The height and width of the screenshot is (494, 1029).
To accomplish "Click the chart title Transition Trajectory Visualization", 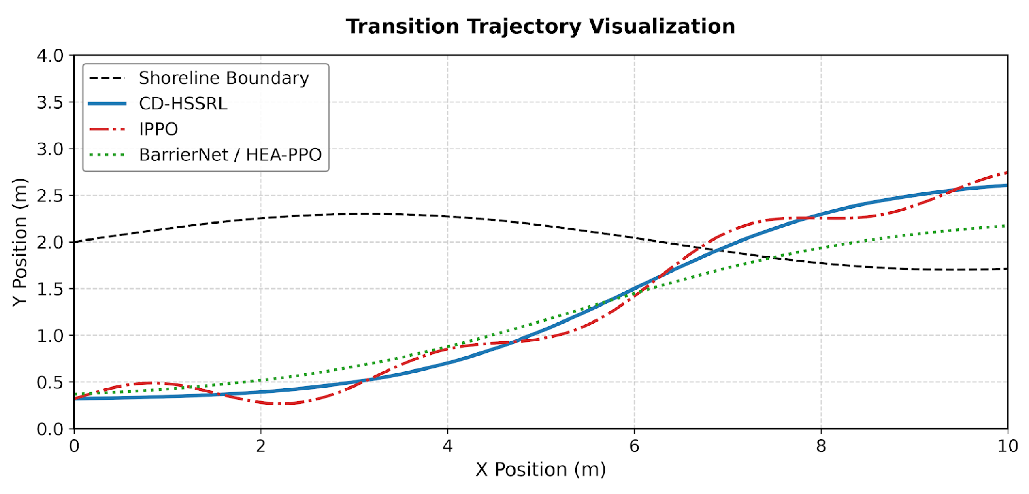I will [540, 27].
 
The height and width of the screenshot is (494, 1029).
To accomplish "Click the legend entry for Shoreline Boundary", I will [224, 78].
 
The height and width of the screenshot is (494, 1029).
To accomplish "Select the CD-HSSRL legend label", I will [183, 104].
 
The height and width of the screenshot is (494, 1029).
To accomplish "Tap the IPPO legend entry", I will [158, 129].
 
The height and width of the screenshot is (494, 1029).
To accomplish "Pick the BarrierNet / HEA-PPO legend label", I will [230, 155].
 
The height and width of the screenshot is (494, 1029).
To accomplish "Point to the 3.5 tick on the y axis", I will [50, 102].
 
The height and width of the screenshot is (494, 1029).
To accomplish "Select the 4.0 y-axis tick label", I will [50, 56].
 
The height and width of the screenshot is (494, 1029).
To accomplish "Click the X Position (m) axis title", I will [540, 470].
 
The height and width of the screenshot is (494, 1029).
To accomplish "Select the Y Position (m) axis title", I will [19, 242].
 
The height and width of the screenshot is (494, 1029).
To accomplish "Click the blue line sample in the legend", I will [107, 104].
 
